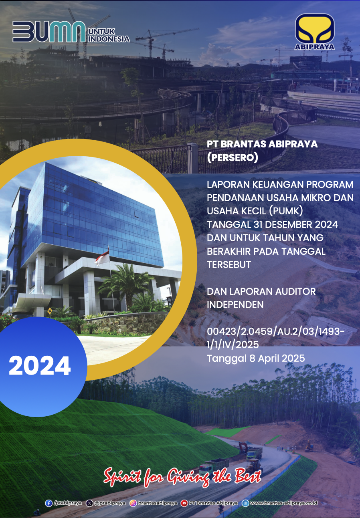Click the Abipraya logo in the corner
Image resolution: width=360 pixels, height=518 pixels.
pos(314,32)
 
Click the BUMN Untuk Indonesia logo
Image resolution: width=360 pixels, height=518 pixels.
pos(71,32)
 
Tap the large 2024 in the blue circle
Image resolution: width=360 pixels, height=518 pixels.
pos(40,366)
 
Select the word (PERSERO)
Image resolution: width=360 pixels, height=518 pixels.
pos(232,157)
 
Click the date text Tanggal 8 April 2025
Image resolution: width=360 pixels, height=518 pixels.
pos(256,358)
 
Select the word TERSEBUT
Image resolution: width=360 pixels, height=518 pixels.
pos(229,264)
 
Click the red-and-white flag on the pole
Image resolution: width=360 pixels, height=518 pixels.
pos(102,258)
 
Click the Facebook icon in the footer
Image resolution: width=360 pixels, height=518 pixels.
pos(49,503)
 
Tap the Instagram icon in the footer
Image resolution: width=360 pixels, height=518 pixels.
pos(133,503)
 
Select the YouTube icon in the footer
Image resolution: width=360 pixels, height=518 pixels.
pos(184,503)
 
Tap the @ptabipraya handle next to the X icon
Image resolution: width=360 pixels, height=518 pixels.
pos(110,503)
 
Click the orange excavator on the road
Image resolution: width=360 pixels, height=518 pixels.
pos(243,446)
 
